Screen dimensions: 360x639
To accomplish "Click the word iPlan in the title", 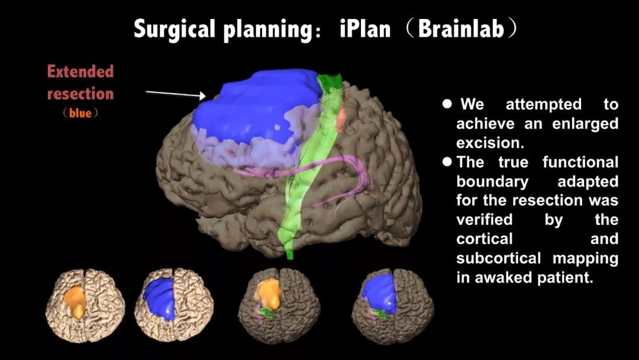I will click(364, 29).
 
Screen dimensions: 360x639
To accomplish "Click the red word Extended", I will click(80, 72).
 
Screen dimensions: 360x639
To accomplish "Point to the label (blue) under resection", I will click(80, 112).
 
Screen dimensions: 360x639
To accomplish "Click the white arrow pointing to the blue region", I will click(175, 94).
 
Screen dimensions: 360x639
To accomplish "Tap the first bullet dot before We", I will click(447, 104).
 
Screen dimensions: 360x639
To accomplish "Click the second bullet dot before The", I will click(447, 162).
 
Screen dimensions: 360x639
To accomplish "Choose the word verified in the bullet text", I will click(484, 220).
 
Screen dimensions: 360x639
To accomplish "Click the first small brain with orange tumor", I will click(85, 303).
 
